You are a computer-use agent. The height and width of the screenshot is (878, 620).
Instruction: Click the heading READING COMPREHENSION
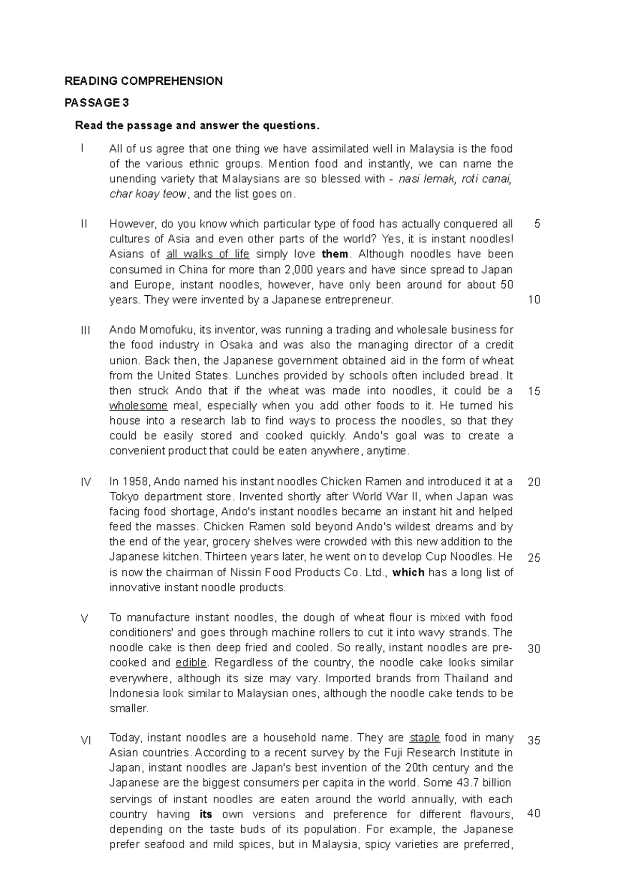143,81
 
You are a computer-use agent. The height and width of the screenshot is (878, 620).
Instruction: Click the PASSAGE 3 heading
96,103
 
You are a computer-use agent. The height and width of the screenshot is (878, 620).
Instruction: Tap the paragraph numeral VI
86,740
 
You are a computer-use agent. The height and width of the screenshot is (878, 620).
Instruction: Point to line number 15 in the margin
534,391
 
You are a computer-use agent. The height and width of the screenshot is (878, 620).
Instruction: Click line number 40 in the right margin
534,813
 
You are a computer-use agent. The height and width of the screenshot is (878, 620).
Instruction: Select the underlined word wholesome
138,406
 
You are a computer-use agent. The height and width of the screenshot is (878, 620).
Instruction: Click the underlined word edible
191,663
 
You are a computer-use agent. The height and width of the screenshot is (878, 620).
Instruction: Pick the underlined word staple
425,738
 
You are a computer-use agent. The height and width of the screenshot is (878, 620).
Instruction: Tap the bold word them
335,254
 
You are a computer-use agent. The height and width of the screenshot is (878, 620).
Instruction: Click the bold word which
409,572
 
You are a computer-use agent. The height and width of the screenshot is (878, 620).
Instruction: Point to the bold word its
206,814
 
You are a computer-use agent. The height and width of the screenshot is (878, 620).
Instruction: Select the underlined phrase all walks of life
208,254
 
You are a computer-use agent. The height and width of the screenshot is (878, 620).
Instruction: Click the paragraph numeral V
85,618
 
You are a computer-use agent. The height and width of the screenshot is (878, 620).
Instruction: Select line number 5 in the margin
537,224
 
